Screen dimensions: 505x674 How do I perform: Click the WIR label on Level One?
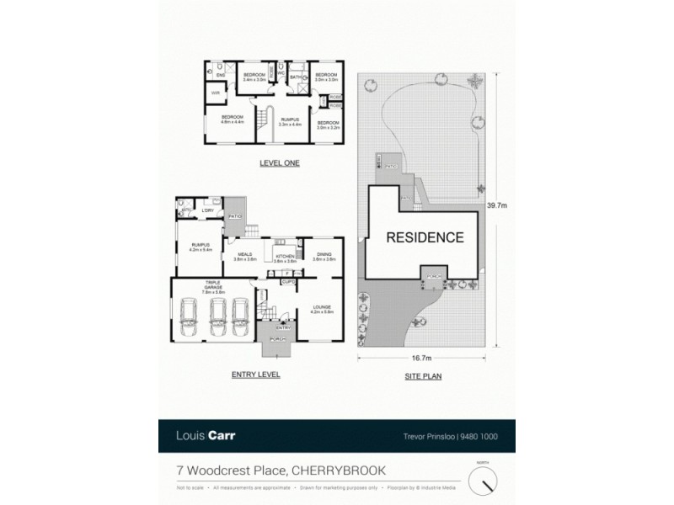coord(215,93)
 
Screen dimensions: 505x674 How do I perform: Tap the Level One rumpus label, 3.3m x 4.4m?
coord(290,122)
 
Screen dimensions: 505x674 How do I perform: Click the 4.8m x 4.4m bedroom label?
coord(232,118)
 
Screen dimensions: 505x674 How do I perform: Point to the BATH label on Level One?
coord(296,77)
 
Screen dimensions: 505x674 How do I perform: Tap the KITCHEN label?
coord(283,258)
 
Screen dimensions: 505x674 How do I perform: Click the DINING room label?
coord(324,256)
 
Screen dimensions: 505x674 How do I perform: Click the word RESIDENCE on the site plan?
coord(425,237)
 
